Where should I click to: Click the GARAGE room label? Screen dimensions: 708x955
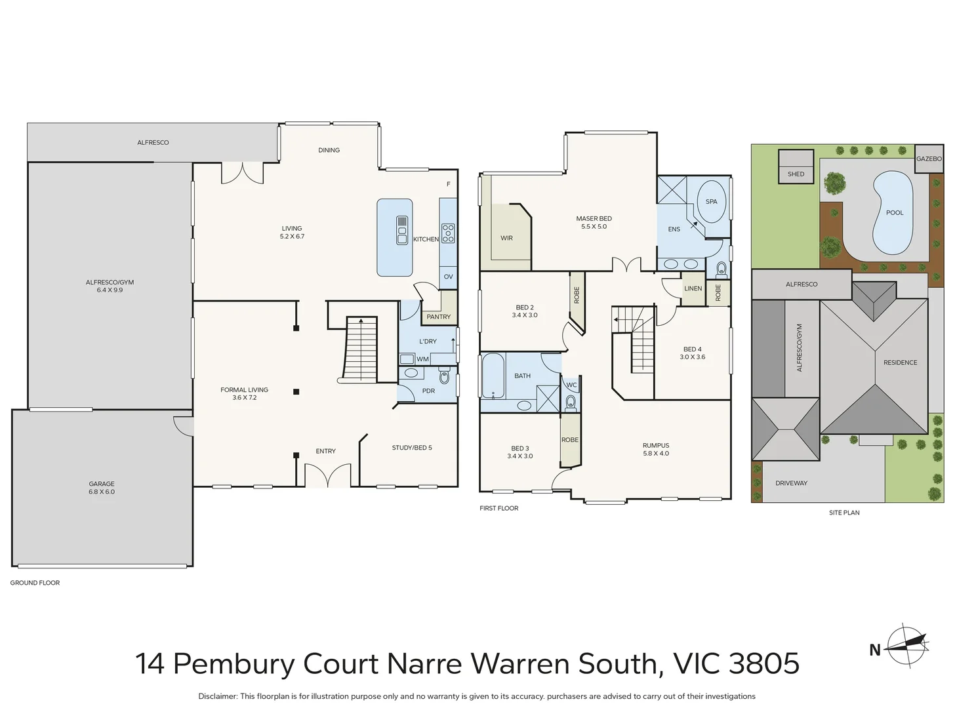coord(102,484)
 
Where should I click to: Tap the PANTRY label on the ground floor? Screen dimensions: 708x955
coord(438,317)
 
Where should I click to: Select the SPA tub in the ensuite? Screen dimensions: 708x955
coord(711,202)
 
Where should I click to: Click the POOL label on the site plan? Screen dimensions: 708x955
coord(894,213)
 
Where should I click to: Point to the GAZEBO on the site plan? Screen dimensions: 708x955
coord(929,159)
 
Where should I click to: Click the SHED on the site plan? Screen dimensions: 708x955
coord(796,168)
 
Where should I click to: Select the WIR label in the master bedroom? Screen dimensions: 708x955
coord(506,239)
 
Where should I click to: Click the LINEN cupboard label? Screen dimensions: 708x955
coord(693,288)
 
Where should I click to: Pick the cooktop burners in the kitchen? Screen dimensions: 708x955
coord(448,233)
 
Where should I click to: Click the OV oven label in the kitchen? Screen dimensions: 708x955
coord(448,277)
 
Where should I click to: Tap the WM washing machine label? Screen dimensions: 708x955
coord(422,359)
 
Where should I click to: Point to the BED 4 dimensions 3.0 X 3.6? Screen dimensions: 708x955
coord(693,357)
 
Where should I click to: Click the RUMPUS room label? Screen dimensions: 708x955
coord(656,446)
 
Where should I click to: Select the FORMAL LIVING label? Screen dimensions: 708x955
coord(244,390)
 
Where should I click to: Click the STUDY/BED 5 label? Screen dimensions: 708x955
coord(412,448)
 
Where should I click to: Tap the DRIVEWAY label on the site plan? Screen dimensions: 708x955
coord(791,483)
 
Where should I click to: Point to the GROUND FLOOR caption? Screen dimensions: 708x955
coord(35,583)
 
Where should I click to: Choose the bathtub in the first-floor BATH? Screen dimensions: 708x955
coord(493,376)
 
